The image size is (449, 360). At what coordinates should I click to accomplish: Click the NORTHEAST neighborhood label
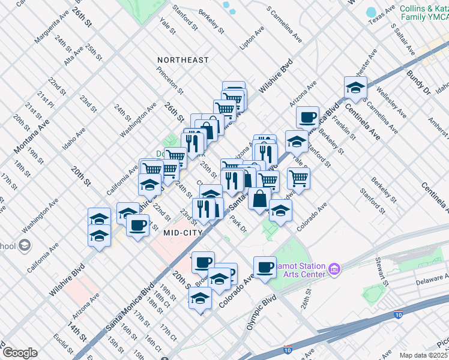coord(183,60)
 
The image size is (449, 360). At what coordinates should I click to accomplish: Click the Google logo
coord(20,353)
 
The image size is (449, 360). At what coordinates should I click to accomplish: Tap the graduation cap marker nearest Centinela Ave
coord(355,88)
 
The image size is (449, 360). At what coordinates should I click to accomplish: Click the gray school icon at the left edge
coord(24,245)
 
